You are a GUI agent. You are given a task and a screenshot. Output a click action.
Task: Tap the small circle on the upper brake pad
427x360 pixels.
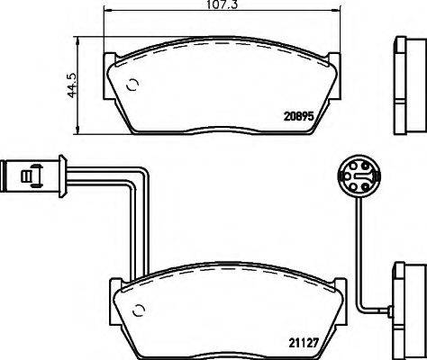pyautogui.click(x=133, y=87)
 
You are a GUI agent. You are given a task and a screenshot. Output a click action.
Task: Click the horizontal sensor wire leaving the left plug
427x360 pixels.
pyautogui.click(x=99, y=171)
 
